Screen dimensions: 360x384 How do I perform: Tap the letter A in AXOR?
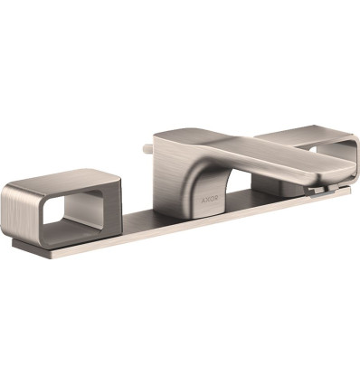(x=204, y=199)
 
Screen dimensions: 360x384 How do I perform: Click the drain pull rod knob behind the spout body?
(x=147, y=149)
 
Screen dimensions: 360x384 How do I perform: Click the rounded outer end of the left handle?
(x=11, y=211)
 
